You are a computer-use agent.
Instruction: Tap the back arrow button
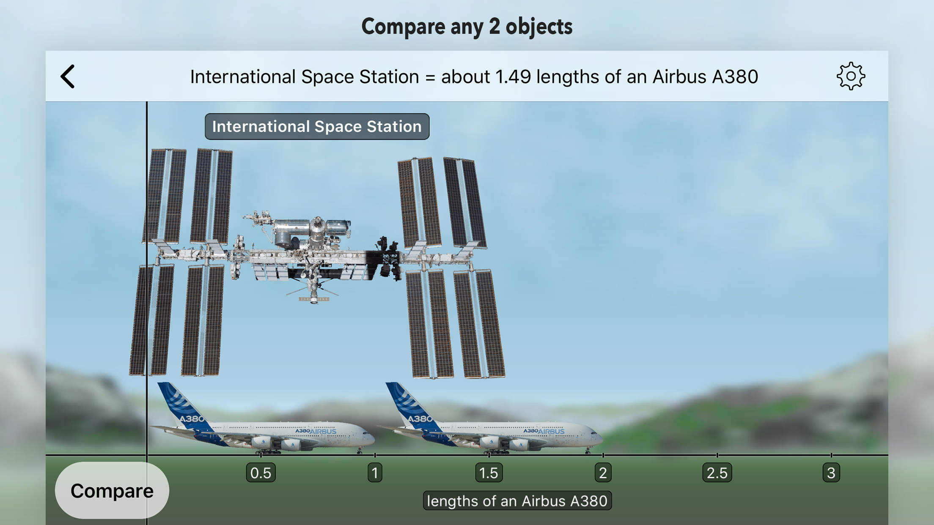tap(68, 77)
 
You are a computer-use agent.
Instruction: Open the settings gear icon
tap(851, 77)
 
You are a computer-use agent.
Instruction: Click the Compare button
tap(112, 490)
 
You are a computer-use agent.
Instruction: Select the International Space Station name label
tap(317, 126)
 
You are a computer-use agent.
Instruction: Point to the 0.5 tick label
tap(261, 473)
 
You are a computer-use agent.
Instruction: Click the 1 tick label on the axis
tap(375, 473)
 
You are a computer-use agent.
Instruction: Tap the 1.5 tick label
tap(489, 473)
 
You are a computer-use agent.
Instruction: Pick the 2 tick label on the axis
tap(603, 473)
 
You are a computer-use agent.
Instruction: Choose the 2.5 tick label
tap(717, 473)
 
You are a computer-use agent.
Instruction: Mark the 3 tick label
tap(831, 473)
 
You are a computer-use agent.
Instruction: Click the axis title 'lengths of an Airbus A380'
tap(517, 501)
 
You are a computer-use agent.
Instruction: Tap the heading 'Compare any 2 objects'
tap(467, 27)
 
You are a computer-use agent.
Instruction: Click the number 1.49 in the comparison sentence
tap(513, 77)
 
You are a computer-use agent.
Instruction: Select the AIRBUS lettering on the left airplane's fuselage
tap(323, 432)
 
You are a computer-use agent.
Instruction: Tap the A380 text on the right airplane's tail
tap(420, 418)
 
